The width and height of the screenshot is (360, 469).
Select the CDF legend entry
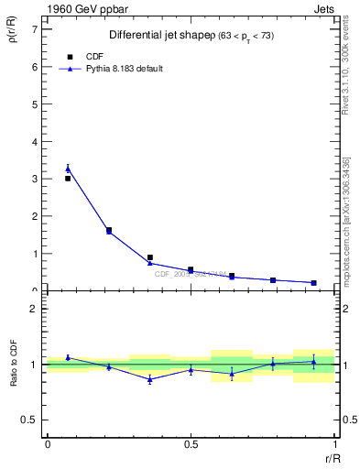point(88,56)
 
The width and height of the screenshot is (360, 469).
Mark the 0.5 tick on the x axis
point(191,445)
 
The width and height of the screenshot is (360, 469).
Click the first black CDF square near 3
point(68,179)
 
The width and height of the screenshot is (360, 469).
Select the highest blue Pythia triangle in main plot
point(68,169)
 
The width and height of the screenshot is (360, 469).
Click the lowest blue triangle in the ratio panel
point(149,379)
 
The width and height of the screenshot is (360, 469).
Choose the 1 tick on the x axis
point(334,445)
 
